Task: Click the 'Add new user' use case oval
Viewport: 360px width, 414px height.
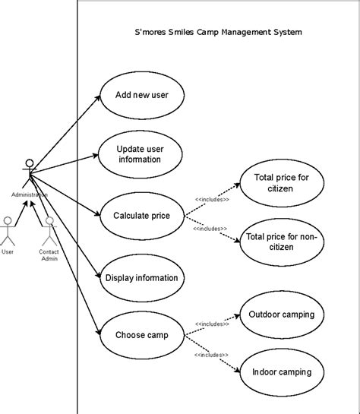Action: point(142,95)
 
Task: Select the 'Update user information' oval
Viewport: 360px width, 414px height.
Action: point(141,154)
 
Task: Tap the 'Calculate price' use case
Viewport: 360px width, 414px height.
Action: point(142,216)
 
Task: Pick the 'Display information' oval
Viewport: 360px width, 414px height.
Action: point(142,278)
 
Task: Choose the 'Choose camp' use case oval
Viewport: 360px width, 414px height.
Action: point(142,335)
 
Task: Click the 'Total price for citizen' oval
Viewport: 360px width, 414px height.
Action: point(282,183)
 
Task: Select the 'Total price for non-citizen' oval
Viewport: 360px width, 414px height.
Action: point(282,242)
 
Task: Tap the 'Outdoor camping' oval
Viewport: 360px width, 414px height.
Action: point(282,314)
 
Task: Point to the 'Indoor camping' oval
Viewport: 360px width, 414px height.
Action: point(282,372)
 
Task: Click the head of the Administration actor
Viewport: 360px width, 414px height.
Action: point(30,163)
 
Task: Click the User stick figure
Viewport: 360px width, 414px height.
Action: point(8,231)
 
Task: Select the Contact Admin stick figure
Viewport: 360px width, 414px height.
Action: point(49,231)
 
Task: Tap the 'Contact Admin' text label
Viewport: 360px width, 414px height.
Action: point(49,255)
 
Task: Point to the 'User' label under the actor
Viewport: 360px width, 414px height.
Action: point(8,252)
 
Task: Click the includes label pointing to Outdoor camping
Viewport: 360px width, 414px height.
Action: point(212,324)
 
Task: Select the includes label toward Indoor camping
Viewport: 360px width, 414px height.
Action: point(211,355)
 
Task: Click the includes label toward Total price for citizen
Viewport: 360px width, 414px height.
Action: point(212,199)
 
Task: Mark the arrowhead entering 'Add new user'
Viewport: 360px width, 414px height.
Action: point(98,98)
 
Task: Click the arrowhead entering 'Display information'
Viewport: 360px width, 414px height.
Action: point(99,275)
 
